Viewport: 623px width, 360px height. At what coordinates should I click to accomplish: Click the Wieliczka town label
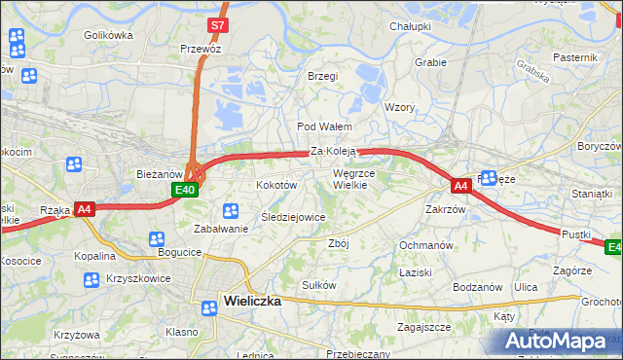click(x=252, y=301)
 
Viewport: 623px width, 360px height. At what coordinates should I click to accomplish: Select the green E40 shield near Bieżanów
click(x=189, y=191)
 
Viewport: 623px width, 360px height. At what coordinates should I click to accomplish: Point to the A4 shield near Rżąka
click(x=85, y=208)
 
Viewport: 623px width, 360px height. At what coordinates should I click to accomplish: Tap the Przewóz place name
click(x=201, y=49)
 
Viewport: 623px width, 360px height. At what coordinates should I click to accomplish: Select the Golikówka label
click(x=108, y=35)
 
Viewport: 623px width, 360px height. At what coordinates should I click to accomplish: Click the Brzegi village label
click(x=322, y=76)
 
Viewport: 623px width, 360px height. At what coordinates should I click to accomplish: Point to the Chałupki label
click(x=410, y=26)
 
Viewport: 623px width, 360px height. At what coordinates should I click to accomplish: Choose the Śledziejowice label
click(x=293, y=217)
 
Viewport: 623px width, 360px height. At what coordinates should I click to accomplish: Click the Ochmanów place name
click(x=426, y=245)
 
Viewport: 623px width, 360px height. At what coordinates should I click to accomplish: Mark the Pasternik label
click(x=574, y=57)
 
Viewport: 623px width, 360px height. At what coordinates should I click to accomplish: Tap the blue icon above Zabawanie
click(x=231, y=210)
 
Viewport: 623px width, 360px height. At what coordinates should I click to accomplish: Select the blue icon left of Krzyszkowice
click(x=91, y=280)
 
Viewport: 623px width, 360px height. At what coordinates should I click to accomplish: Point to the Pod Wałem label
click(x=324, y=126)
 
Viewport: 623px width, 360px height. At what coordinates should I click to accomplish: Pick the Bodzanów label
click(x=477, y=287)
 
